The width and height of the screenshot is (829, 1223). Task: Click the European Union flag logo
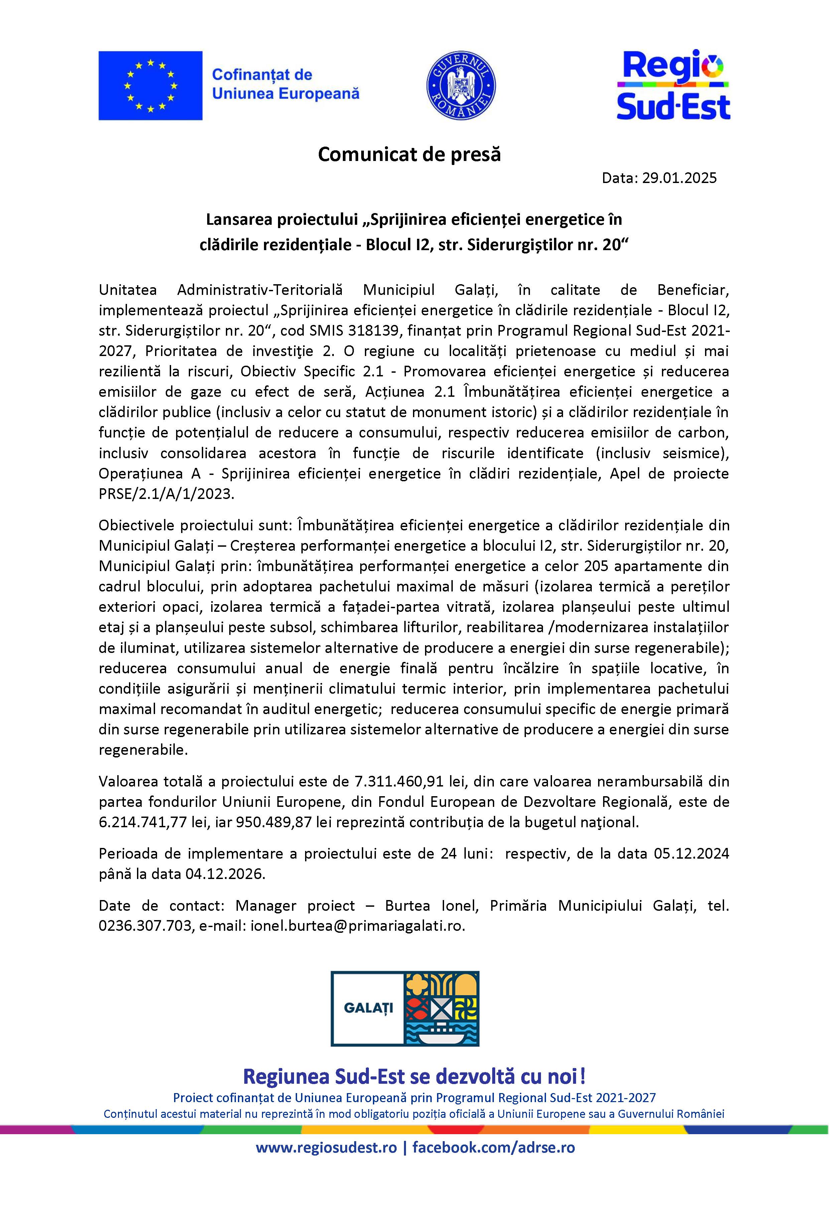coord(150,85)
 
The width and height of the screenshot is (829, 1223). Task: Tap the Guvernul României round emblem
coord(460,85)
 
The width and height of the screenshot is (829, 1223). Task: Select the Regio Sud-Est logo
coord(673,85)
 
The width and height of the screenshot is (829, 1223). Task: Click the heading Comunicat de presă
coord(409,154)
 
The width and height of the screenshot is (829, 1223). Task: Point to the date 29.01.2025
coord(679,178)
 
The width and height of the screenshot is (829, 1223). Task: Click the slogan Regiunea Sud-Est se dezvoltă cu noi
coord(414,1077)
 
